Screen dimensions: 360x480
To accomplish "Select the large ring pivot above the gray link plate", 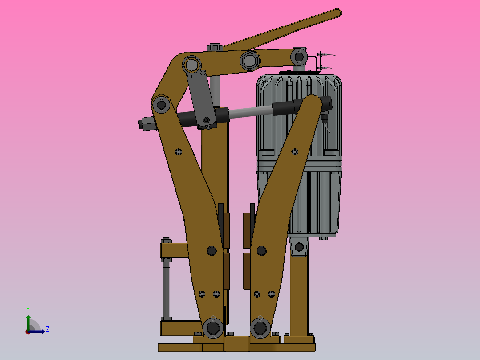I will (191, 65).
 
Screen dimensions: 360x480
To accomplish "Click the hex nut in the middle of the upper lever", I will (249, 60).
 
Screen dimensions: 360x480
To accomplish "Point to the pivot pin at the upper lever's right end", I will (299, 57).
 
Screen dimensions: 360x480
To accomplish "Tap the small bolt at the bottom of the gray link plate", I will (207, 120).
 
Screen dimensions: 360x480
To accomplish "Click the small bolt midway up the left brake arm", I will (179, 151).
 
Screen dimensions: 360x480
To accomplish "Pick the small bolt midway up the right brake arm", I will (294, 152).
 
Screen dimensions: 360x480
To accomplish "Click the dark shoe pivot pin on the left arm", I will (212, 251).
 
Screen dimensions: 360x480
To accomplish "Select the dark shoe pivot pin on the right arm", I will (261, 251).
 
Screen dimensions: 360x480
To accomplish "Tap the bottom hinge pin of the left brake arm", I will (213, 328).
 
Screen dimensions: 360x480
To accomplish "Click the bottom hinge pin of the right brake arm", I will (260, 328).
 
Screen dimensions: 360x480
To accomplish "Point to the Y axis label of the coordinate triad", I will (28, 309).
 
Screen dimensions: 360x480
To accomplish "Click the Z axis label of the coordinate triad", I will (47, 329).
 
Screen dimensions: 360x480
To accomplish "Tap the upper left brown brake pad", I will (226, 230).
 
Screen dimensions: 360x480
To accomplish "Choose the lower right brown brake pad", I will (246, 271).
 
